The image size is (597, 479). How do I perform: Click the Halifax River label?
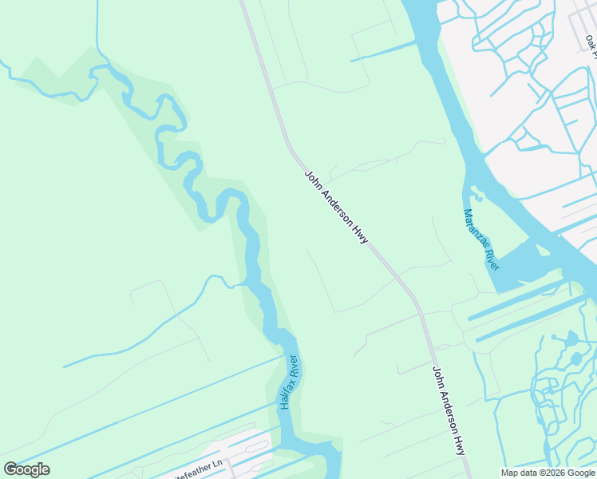coord(289,382)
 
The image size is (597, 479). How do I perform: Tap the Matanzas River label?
coord(481,239)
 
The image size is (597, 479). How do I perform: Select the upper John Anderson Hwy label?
coord(335,207)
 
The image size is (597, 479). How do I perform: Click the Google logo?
coord(27,469)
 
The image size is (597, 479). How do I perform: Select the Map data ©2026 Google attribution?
coord(548,473)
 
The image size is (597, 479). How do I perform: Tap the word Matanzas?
coord(475,227)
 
